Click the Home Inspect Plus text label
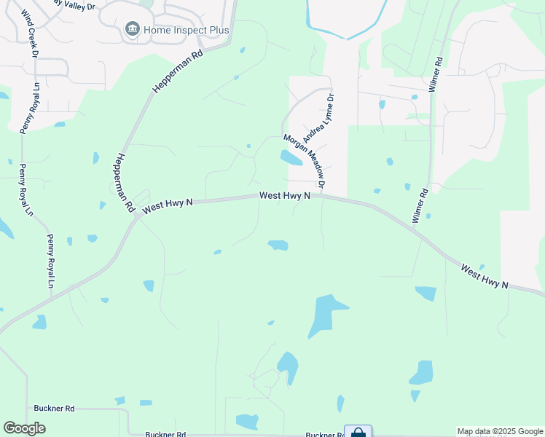point(187,30)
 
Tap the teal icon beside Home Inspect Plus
point(133,29)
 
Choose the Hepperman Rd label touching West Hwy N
point(125,183)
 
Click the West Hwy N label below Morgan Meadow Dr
point(286,196)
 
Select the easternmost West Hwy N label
point(484,276)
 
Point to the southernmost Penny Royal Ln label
point(51,261)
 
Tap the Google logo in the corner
point(24,428)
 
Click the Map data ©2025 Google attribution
point(501,432)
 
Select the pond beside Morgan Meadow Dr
point(290,157)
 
